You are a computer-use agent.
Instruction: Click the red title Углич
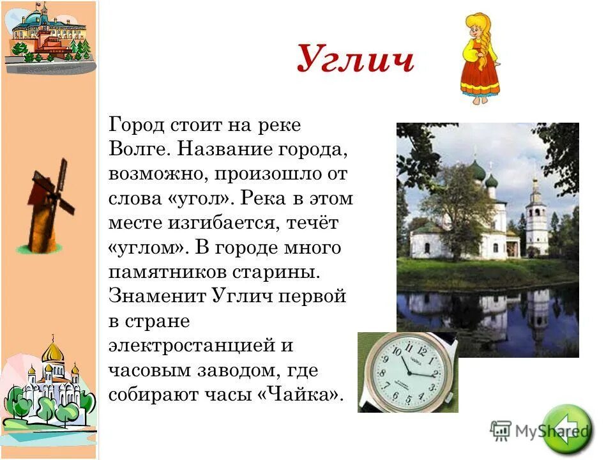point(355,61)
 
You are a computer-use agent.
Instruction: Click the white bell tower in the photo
point(536,220)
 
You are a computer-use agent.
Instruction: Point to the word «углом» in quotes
point(148,247)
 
